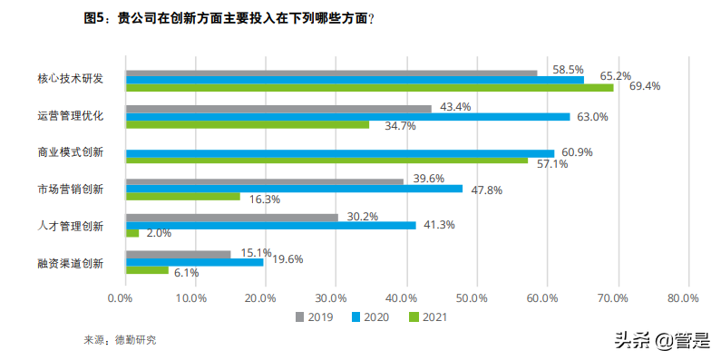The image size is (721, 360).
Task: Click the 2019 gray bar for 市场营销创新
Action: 264,180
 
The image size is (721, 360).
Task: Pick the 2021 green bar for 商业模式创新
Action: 326,161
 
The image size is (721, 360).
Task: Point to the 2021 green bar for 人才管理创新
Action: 132,233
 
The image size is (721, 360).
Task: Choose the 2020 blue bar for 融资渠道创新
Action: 194,261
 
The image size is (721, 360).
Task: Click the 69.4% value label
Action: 645,87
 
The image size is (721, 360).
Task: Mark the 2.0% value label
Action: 160,233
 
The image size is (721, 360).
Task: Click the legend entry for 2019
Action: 313,317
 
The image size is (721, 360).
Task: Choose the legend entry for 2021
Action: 427,317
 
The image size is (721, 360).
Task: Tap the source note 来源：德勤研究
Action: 120,340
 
